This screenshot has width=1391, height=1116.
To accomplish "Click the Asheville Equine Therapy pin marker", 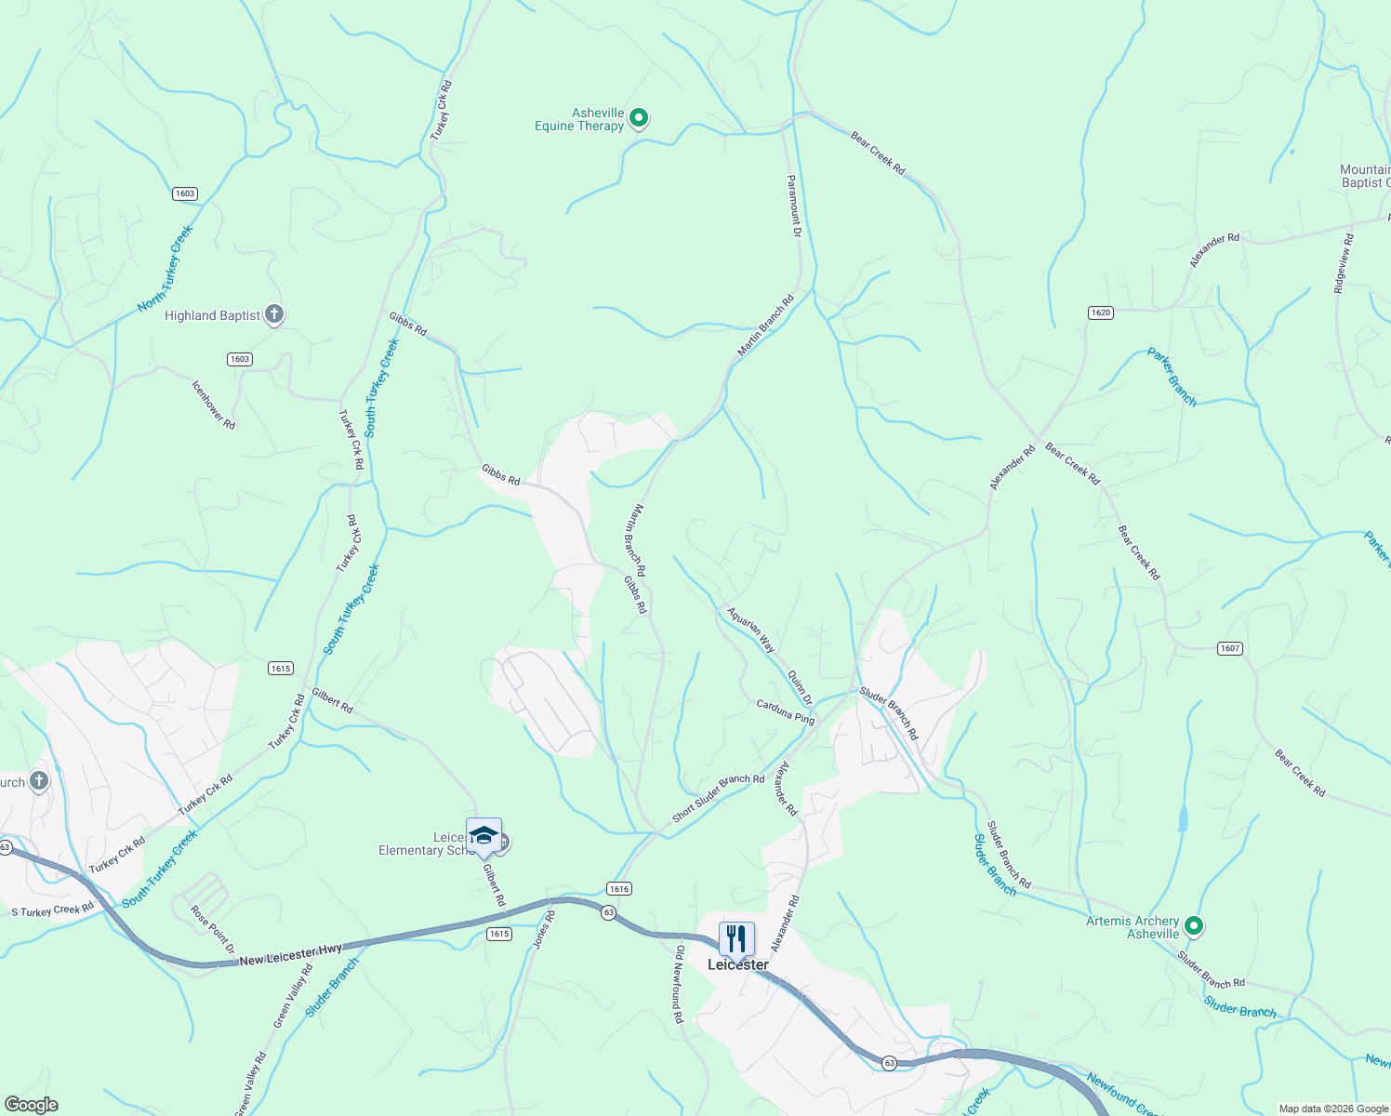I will click(639, 118).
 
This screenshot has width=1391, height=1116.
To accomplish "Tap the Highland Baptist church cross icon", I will click(273, 314).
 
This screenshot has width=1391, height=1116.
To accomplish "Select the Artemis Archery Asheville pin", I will click(1195, 926).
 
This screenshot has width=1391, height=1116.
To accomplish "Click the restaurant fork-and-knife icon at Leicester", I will click(736, 937).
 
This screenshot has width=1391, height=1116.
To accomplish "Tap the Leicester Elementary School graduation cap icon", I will click(484, 834).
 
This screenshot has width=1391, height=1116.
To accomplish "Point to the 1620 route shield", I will click(1101, 312).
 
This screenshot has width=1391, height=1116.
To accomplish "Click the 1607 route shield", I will click(1230, 648).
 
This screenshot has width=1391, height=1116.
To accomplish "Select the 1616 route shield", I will click(619, 888).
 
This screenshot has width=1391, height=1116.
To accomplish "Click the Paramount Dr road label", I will click(794, 206).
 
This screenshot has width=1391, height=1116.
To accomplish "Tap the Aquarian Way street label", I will click(751, 630).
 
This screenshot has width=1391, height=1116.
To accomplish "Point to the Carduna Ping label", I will click(786, 711).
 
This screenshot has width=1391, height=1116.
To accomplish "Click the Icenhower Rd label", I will click(214, 405).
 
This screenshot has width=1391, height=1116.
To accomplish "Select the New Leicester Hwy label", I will click(291, 954).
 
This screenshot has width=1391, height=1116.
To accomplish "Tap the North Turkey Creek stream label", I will click(166, 268).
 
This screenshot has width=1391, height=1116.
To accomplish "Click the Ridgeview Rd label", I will click(1344, 263).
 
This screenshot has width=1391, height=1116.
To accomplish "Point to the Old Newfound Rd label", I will click(679, 985).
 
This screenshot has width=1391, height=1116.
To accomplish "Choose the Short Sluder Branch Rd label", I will click(718, 798).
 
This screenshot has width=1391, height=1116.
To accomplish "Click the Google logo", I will click(31, 1105).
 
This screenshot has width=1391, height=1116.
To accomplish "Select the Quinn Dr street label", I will click(800, 686).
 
